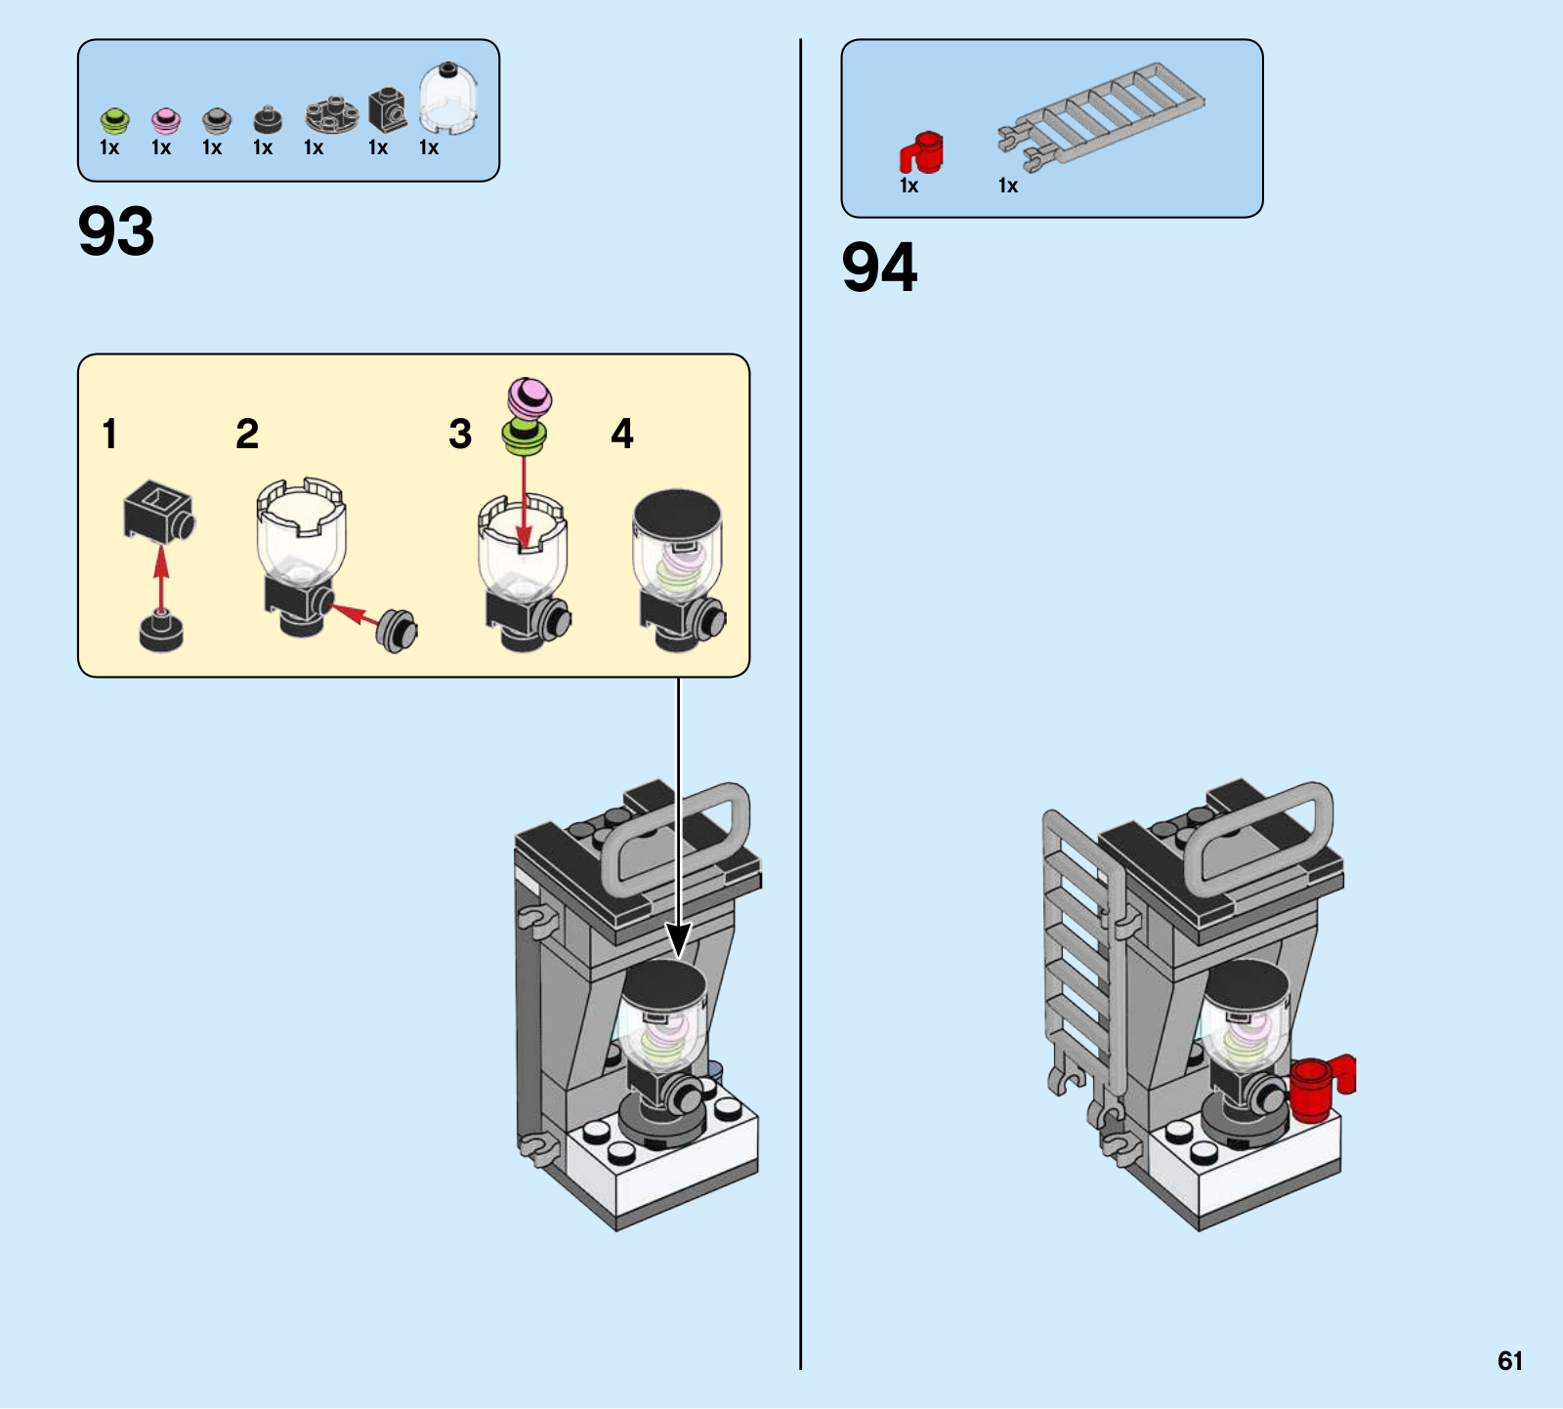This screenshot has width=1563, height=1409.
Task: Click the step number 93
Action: [x=116, y=231]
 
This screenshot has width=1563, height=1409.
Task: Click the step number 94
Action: [x=879, y=268]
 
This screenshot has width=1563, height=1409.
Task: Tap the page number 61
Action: [x=1510, y=1361]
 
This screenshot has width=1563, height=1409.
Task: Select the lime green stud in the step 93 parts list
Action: [x=114, y=120]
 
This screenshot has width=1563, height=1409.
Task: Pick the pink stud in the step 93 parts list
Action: [x=166, y=120]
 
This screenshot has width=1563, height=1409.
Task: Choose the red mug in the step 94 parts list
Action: [x=921, y=153]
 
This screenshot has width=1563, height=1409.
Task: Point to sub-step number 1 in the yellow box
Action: [x=109, y=434]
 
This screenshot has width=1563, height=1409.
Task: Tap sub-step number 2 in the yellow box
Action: [x=247, y=434]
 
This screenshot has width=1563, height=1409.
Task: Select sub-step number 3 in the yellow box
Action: [x=460, y=434]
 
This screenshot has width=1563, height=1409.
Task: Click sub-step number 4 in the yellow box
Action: [x=622, y=434]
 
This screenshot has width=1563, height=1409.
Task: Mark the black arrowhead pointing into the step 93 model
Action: [x=678, y=939]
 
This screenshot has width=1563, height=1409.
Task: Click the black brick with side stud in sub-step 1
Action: [x=159, y=510]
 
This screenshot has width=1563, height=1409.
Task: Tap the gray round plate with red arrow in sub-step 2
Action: [x=398, y=631]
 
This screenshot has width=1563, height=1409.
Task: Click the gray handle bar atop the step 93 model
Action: [x=675, y=840]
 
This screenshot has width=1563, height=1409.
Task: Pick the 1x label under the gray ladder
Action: [x=1008, y=186]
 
